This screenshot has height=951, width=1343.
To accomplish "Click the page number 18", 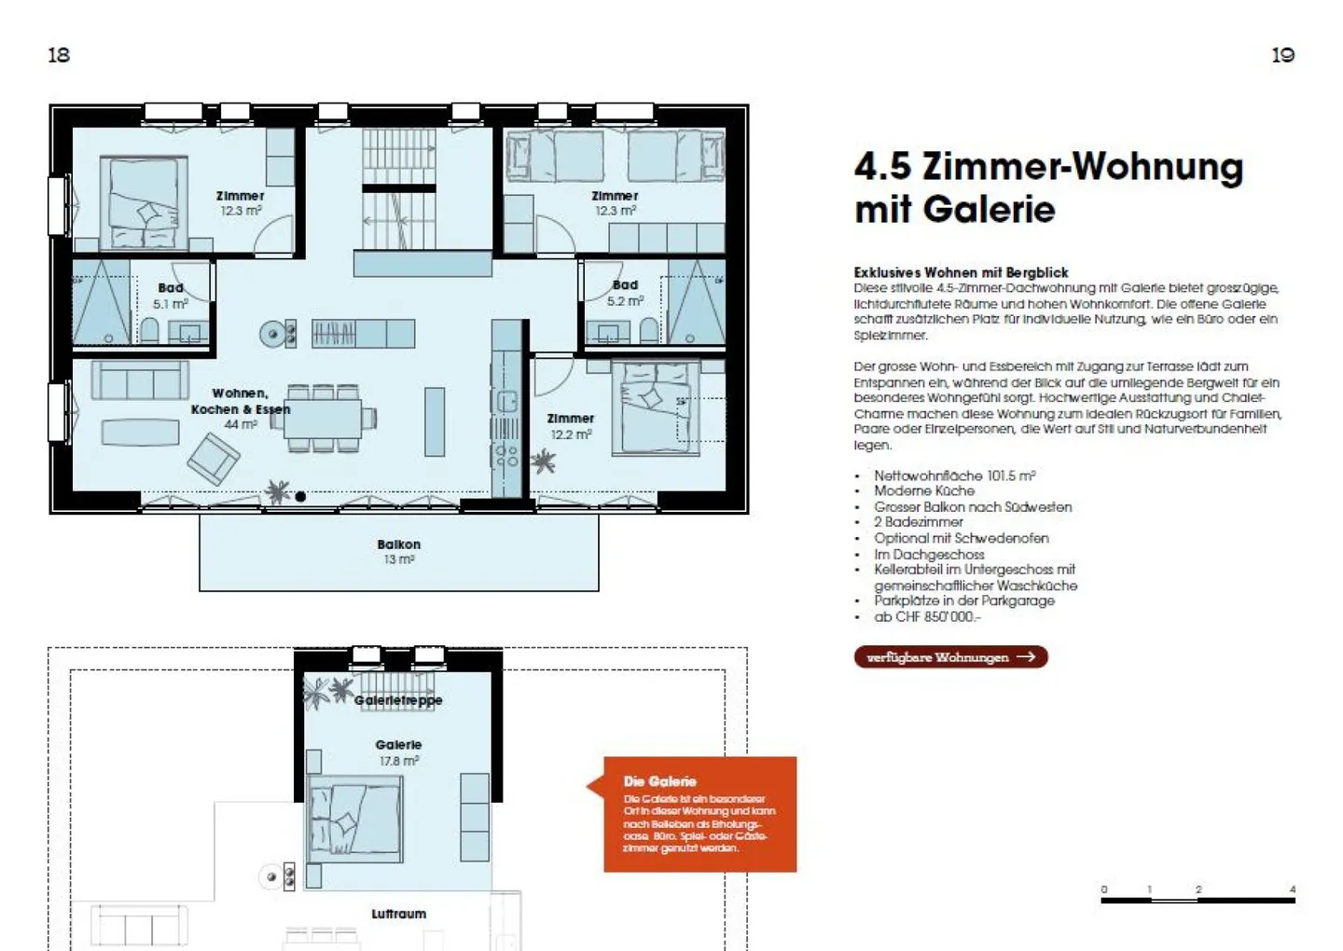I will (59, 55).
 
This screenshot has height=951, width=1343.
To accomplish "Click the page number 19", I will (1282, 55).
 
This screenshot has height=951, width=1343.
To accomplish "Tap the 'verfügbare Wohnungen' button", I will (950, 657).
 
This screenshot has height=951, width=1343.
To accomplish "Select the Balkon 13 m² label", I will (398, 551).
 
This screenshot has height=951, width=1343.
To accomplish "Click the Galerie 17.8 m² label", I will (398, 752).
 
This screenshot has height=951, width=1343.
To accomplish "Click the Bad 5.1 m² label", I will (171, 296).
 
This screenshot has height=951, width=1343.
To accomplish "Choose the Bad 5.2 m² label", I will (625, 293).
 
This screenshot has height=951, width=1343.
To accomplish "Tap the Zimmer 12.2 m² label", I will (570, 426).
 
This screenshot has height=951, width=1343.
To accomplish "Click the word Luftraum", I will (398, 914).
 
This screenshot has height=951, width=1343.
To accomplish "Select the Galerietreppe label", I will (398, 700).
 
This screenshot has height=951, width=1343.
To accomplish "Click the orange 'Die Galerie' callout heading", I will (659, 781).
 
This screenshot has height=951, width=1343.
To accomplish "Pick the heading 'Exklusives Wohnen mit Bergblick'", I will (961, 272).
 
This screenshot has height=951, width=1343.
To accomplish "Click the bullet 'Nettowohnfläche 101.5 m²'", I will (954, 475).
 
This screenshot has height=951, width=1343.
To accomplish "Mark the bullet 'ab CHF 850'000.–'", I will (927, 617).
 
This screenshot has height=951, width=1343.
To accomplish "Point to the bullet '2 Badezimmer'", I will (918, 522).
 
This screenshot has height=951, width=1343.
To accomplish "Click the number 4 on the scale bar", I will (1292, 889).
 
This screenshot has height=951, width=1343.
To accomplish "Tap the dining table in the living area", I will (322, 419).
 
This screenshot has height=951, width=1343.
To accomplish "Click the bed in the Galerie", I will (355, 819).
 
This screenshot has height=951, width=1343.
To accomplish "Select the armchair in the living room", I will (214, 459).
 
